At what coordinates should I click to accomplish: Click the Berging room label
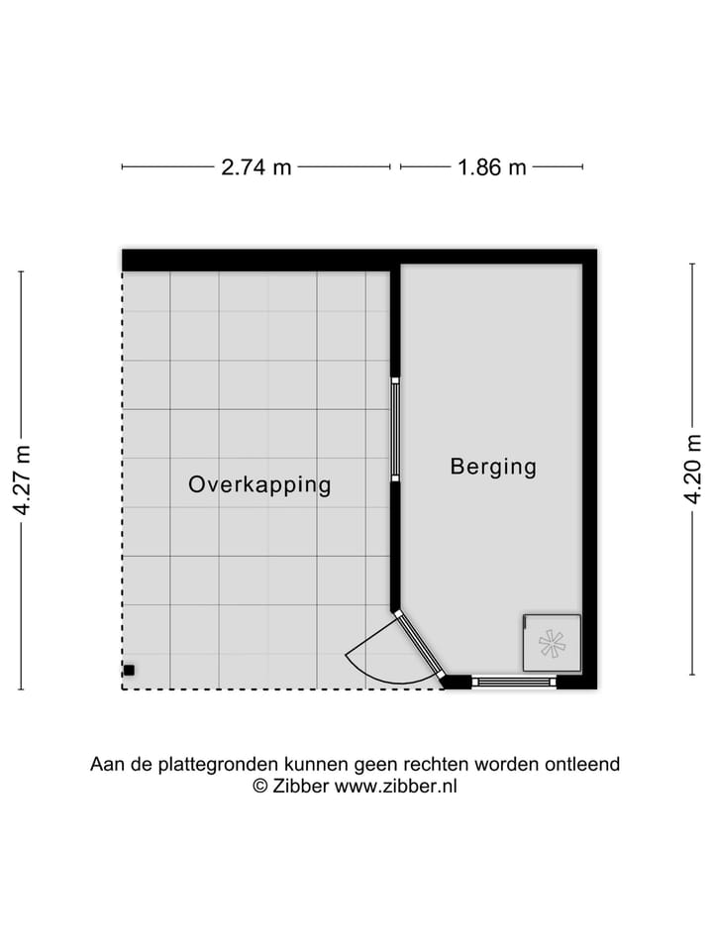click(493, 466)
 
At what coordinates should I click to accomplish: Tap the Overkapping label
click(259, 484)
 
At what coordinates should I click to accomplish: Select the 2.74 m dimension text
click(256, 167)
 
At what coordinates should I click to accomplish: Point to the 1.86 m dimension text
click(491, 167)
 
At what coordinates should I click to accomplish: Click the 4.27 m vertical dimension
click(22, 479)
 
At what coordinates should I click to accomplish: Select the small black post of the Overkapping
click(129, 670)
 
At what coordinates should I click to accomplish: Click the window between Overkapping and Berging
click(394, 429)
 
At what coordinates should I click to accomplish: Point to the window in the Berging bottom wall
click(514, 681)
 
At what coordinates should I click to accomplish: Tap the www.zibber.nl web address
click(396, 786)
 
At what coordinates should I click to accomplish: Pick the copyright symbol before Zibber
click(261, 786)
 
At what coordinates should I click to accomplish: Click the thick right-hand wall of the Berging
click(590, 466)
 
